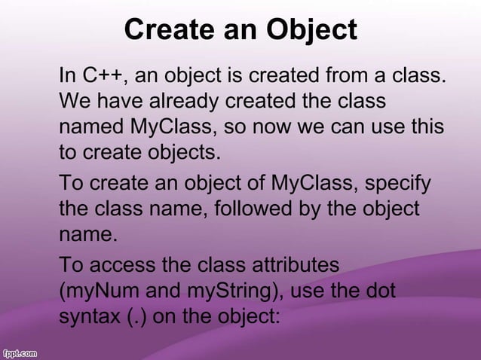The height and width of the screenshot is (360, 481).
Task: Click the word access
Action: point(120,266)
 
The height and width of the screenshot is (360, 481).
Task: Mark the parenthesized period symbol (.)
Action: point(135,316)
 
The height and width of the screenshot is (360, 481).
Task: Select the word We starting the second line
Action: point(74,100)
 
